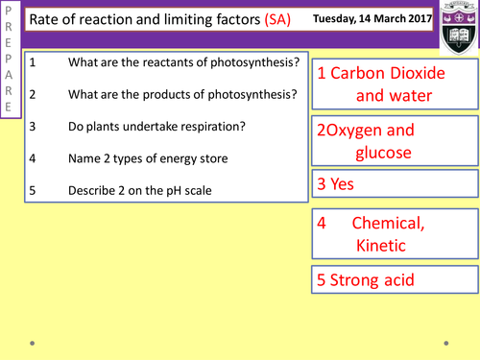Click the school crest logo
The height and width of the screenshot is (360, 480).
point(455,26)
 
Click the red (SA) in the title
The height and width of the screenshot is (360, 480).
point(278,22)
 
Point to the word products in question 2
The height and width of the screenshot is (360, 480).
point(169,95)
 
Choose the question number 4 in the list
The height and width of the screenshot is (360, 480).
point(32,158)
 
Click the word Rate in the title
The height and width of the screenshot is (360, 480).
point(43,22)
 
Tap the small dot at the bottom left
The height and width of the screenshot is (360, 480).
point(33,341)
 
